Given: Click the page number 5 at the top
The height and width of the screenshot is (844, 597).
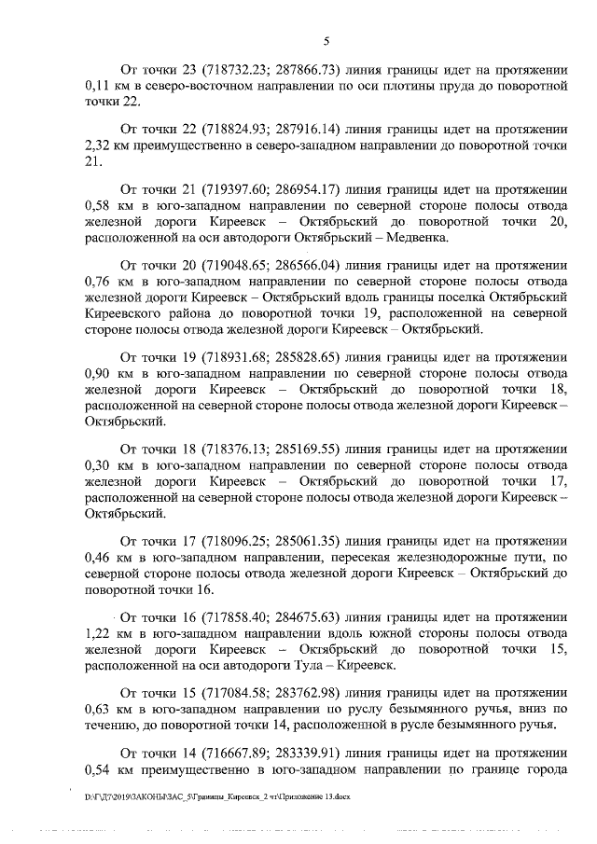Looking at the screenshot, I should click(326, 40).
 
